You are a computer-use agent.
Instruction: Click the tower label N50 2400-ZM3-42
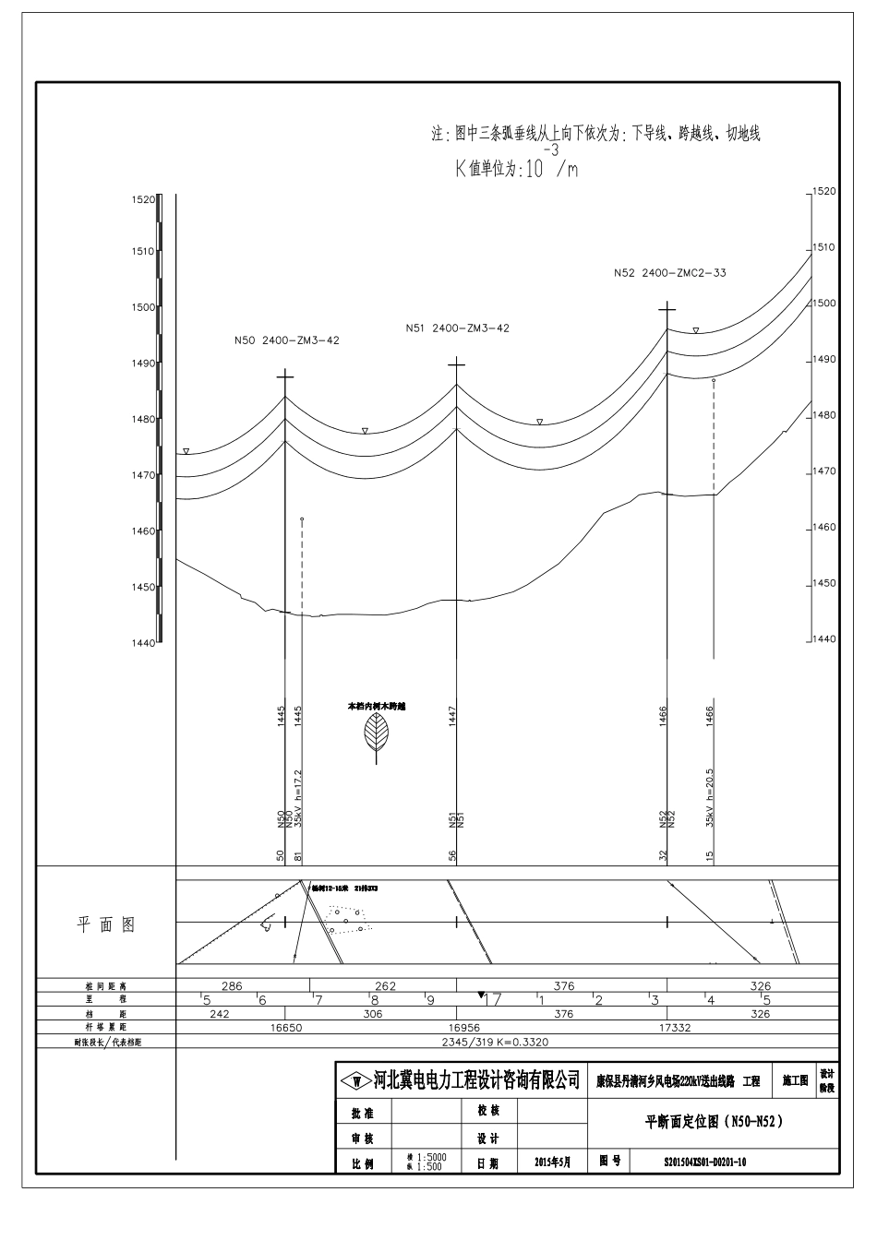tap(286, 340)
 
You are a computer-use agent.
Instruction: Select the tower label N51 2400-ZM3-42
tap(457, 328)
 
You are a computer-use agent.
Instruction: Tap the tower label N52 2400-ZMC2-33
tap(669, 273)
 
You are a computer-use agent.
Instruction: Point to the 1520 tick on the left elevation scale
tap(145, 199)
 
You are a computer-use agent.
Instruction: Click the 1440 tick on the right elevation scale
tap(823, 638)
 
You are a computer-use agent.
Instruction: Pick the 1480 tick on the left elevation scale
tap(145, 419)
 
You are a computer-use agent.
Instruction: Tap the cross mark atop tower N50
tap(285, 376)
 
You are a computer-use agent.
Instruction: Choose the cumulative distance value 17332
tap(671, 1027)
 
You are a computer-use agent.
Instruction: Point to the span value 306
tap(372, 1014)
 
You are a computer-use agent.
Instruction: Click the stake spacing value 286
tap(233, 986)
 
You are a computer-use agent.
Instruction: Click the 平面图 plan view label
tap(105, 924)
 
